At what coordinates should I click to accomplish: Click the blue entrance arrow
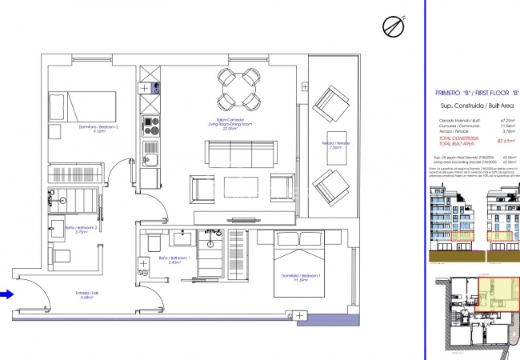[x=7, y=294]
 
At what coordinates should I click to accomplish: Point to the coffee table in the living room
[x=239, y=186]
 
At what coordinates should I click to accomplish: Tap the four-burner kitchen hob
[x=149, y=124]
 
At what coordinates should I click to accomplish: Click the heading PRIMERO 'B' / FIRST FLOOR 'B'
[x=477, y=93]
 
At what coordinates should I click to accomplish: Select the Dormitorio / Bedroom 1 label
[x=303, y=278]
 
